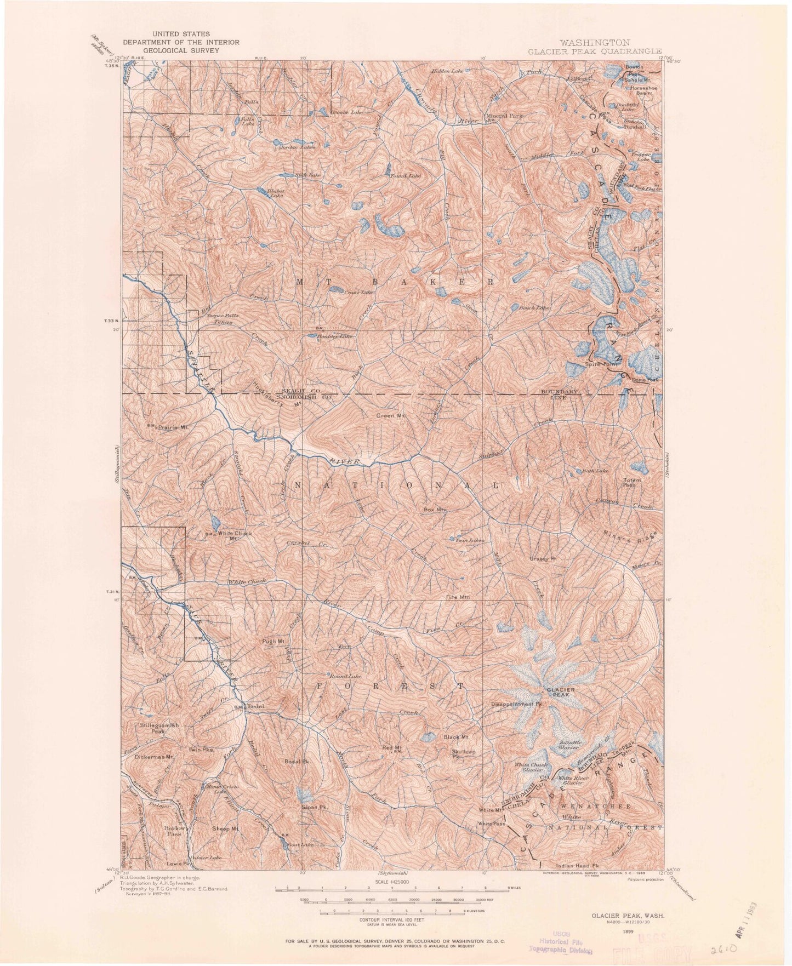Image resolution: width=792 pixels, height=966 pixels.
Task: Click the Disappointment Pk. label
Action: (x=516, y=704)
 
